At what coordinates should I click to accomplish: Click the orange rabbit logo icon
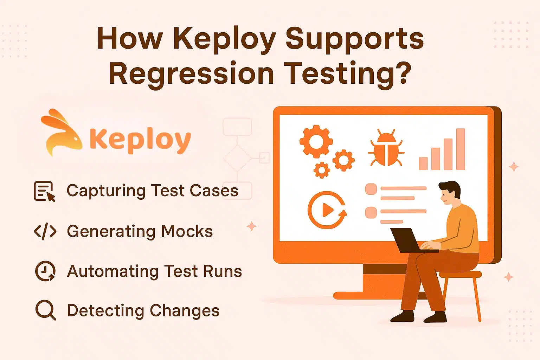60,132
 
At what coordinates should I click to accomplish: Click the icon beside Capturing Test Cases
44,191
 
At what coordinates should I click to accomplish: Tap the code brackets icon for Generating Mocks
45,232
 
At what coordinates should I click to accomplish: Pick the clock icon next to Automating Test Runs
45,271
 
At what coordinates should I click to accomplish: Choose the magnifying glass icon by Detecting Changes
45,310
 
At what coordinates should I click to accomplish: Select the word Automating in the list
113,271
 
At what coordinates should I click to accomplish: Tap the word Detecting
105,311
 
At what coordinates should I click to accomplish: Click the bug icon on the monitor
386,148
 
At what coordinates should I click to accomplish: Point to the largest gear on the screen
316,141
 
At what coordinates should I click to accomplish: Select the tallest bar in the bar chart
460,149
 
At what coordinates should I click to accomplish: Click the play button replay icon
327,210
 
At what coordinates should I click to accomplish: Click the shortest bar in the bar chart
423,163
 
